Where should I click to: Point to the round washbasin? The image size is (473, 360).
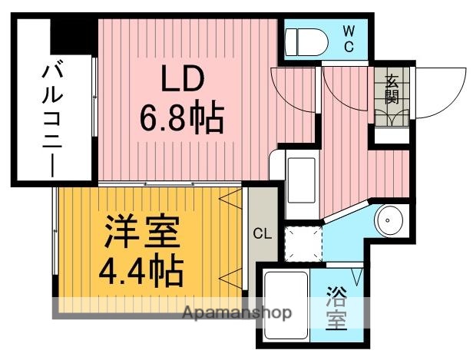click(391, 221)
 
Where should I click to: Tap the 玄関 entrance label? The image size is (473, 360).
click(392, 88)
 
